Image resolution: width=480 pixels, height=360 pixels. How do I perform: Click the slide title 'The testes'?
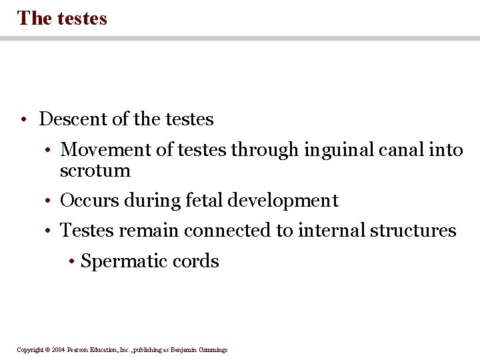(62, 18)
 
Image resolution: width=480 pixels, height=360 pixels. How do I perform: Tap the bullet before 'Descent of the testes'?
(23, 120)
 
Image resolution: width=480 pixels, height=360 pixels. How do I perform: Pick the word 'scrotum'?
(95, 171)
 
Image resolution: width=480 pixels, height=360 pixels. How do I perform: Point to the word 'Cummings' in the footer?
(211, 350)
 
